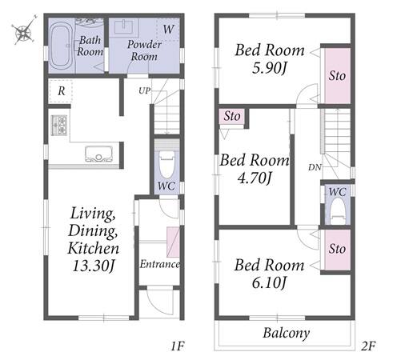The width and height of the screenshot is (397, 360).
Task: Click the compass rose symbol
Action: point(24,30)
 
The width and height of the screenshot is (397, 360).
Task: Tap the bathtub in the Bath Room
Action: point(61,46)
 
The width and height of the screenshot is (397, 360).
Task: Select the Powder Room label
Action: point(144,50)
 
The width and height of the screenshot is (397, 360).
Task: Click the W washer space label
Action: point(168,29)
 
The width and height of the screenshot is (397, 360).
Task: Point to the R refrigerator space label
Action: point(62,91)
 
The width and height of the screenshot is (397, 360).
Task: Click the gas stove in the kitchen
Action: point(58,125)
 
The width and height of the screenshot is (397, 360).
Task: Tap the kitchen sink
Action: point(98,154)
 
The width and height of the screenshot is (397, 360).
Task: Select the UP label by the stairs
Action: point(144,90)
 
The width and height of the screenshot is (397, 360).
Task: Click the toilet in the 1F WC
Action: point(166,164)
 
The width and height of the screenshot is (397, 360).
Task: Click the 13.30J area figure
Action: point(94,266)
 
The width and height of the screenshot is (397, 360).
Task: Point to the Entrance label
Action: point(159,264)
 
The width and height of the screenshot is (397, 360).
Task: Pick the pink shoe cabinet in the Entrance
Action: point(173,242)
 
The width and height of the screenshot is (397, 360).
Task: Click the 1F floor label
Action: point(178,346)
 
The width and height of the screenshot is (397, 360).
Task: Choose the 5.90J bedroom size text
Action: point(269,68)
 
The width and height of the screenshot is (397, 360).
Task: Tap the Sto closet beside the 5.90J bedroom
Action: point(337,75)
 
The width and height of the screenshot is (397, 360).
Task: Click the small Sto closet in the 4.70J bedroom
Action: point(231,116)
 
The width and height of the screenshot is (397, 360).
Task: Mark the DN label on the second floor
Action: point(315,167)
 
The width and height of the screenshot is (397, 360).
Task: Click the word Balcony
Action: point(287,333)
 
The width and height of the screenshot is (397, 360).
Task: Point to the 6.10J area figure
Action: point(269,282)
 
